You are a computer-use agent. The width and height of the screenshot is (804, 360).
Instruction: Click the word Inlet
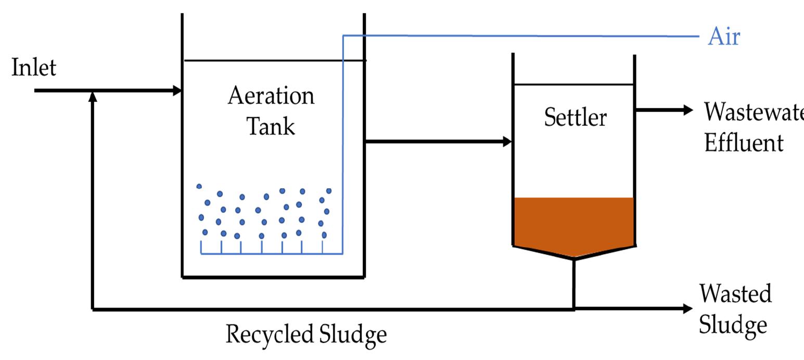tap(34, 68)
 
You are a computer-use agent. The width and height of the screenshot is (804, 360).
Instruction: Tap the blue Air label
tap(723, 37)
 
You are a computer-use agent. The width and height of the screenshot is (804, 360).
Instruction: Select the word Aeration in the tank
tap(271, 96)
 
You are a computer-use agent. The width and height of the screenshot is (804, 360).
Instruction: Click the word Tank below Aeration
tap(271, 126)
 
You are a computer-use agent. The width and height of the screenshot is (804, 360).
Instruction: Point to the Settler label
tap(575, 118)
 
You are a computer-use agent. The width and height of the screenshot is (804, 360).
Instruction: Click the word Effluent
tap(743, 143)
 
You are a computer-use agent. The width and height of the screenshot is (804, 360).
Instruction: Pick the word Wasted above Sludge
tap(735, 294)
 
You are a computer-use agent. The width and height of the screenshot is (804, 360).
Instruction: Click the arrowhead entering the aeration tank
tap(177, 91)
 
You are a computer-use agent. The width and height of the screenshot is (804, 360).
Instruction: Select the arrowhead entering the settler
tap(507, 142)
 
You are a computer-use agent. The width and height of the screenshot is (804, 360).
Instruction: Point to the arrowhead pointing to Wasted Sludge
tap(687, 309)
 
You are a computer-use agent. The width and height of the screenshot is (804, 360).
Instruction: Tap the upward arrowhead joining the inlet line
tap(93, 96)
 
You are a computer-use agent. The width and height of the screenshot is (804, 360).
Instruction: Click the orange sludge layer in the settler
tap(573, 221)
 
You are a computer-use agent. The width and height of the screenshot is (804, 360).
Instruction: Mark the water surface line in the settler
tap(573, 84)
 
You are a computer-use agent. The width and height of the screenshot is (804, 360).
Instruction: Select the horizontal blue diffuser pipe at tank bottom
tap(271, 254)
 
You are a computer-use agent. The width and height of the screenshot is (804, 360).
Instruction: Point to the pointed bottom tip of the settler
tap(574, 258)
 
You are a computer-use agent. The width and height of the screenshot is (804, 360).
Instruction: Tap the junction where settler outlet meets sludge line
tap(574, 309)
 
